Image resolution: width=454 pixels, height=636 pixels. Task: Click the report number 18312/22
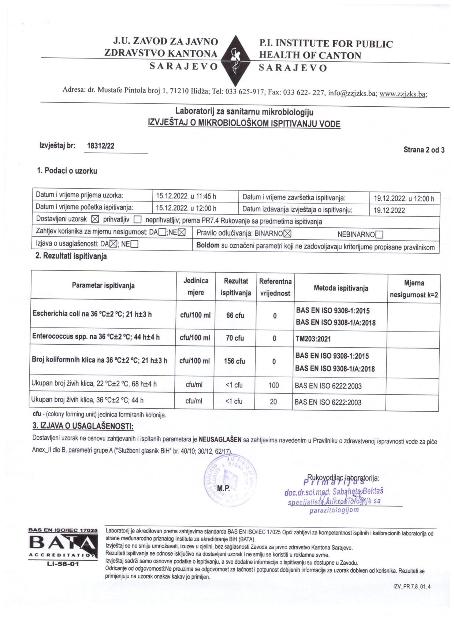pyautogui.click(x=101, y=146)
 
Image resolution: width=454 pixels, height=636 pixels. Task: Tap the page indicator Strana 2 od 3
pyautogui.click(x=424, y=149)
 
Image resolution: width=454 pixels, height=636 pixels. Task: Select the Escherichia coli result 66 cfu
pyautogui.click(x=235, y=315)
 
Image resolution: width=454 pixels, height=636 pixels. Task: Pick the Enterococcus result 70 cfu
pyautogui.click(x=235, y=338)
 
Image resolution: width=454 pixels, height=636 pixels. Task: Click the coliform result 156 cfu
pyautogui.click(x=234, y=361)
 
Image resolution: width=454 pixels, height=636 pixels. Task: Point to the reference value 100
pyautogui.click(x=273, y=385)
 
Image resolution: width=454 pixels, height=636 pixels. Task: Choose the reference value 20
pyautogui.click(x=273, y=401)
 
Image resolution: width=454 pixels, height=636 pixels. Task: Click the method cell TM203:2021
pyautogui.click(x=313, y=339)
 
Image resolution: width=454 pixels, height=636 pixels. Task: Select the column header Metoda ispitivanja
pyautogui.click(x=341, y=288)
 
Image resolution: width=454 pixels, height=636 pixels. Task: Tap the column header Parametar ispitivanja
pyautogui.click(x=103, y=285)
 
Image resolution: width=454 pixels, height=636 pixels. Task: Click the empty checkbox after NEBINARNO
pyautogui.click(x=379, y=234)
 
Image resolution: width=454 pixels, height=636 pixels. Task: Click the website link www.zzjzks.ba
pyautogui.click(x=403, y=94)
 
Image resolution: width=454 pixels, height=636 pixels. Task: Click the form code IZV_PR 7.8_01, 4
pyautogui.click(x=412, y=586)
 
